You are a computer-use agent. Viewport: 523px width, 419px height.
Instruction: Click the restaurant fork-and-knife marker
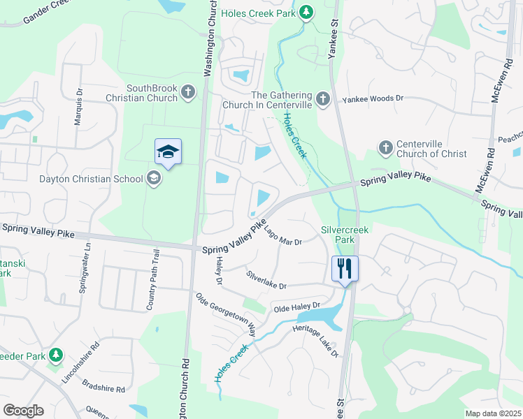[x=345, y=267]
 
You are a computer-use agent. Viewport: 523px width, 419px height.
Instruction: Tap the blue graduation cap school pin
[x=168, y=152]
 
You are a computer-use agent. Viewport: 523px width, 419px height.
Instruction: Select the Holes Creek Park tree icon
[x=306, y=12]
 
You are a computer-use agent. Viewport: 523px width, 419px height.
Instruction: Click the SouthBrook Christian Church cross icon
[x=187, y=92]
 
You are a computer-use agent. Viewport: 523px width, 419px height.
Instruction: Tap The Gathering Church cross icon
[x=322, y=99]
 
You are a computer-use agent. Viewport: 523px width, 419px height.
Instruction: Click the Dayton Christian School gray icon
[x=153, y=179]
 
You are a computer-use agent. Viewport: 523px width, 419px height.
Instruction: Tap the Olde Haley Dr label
[x=296, y=307]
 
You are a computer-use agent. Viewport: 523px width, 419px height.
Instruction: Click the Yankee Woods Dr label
[x=373, y=99]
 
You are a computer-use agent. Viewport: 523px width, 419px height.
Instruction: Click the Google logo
[x=23, y=411]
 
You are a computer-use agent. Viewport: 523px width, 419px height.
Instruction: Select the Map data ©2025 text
[x=492, y=413]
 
